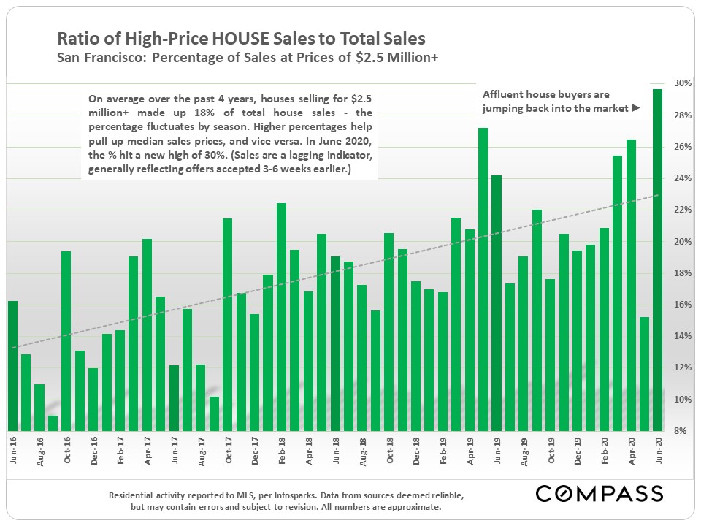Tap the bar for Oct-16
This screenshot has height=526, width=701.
pos(66,340)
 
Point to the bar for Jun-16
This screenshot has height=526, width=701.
pos(12,365)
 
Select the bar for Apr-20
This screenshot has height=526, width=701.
pos(630,285)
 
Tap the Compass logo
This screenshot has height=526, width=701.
pos(599,493)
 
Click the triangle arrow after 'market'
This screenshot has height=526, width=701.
pos(635,108)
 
